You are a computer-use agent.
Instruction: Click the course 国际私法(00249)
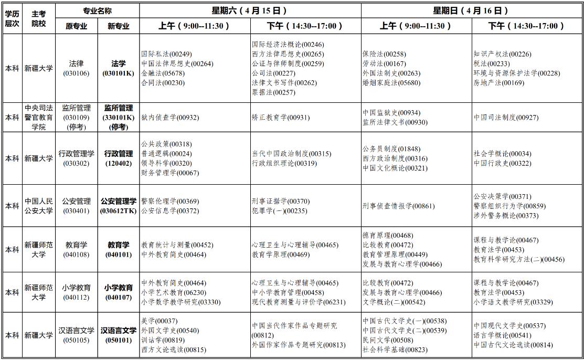coord(166,54)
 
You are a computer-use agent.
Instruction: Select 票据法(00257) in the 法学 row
coord(273,92)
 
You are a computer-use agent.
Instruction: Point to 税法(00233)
coord(491,63)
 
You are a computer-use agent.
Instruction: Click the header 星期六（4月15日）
coord(250,10)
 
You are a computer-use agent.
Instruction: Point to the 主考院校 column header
coord(39,18)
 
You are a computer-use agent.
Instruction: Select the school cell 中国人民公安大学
coord(39,206)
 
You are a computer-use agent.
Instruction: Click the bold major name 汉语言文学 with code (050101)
coord(119,331)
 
